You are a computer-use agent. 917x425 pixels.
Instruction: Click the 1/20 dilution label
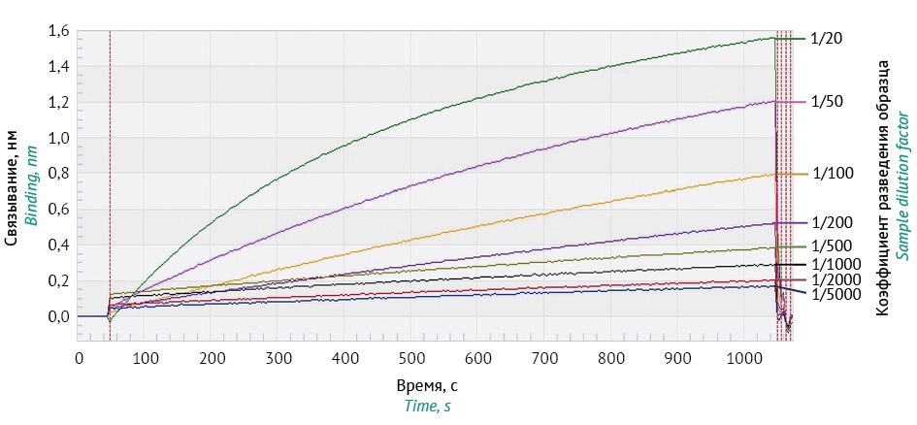(x=823, y=38)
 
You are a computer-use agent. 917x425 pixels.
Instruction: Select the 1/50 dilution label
(x=823, y=102)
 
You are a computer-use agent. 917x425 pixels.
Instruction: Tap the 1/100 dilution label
(x=827, y=174)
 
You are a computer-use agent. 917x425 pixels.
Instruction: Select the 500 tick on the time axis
(x=411, y=357)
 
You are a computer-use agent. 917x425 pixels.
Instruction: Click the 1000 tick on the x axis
(x=744, y=357)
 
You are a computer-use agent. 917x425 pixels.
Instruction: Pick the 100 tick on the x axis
(x=146, y=357)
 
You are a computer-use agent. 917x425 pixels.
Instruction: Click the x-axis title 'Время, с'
(x=426, y=386)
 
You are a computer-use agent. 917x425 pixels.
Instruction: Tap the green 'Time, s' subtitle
(x=426, y=407)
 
